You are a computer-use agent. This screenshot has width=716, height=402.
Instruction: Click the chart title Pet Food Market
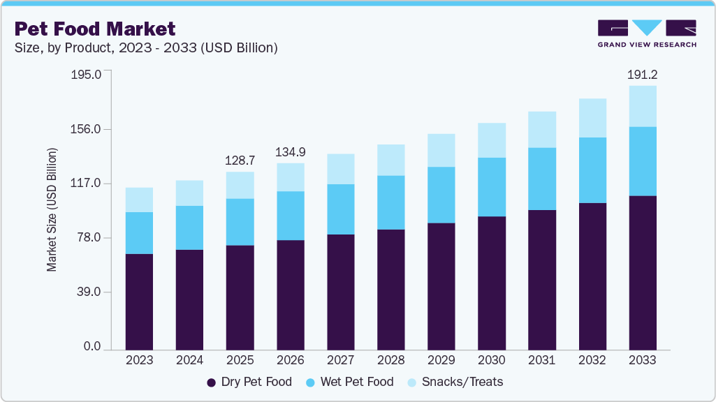[x=94, y=29]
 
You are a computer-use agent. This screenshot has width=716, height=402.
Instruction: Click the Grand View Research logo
[x=646, y=33]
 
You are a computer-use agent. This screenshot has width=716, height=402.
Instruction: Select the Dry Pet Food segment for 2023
[x=139, y=301]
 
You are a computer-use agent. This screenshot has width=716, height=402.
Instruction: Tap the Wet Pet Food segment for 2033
[x=643, y=161]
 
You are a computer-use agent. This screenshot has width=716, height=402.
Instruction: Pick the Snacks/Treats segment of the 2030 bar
[x=492, y=140]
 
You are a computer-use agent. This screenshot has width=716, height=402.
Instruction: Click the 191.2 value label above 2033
[x=643, y=74]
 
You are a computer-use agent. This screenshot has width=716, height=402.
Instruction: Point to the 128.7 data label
[x=240, y=160]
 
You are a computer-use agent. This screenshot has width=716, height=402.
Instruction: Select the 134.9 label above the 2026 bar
[x=291, y=151]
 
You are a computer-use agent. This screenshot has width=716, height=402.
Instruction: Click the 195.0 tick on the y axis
[x=87, y=74]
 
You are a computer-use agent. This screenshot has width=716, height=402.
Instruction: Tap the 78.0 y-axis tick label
[x=89, y=238]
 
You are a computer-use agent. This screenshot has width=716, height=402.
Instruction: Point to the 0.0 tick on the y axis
[x=92, y=347]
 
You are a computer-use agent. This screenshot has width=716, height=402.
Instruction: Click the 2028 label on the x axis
[x=391, y=361]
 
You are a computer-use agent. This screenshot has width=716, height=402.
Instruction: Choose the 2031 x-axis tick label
[x=542, y=361]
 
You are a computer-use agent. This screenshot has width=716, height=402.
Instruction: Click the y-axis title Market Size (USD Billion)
[x=52, y=209]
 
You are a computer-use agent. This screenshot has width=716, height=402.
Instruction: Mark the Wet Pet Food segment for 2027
[x=341, y=209]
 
